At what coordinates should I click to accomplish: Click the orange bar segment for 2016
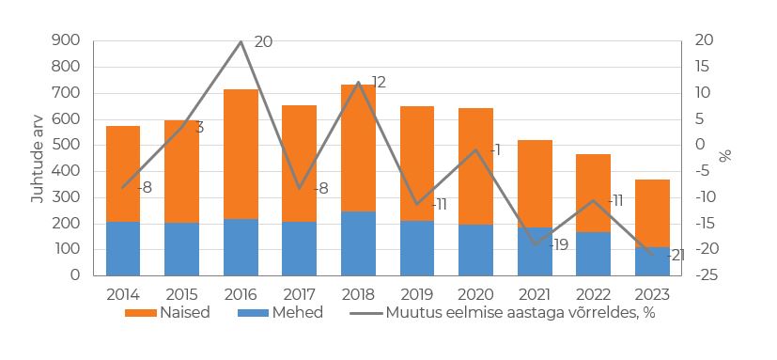[x=241, y=154]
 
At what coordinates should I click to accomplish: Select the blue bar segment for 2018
[x=358, y=243]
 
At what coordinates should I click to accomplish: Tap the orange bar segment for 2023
[x=652, y=213]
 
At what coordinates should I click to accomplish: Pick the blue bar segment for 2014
[x=123, y=249]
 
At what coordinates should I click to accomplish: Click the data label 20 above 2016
[x=263, y=42]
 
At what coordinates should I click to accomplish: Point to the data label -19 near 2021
[x=557, y=244]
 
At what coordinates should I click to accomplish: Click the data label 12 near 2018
[x=379, y=82]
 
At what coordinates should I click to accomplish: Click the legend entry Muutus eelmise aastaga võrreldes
[x=503, y=313]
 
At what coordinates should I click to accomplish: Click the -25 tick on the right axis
[x=707, y=275]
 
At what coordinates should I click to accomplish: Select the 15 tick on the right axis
[x=704, y=67]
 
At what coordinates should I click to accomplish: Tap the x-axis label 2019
[x=416, y=292]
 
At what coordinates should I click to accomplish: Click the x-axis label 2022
[x=593, y=292]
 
